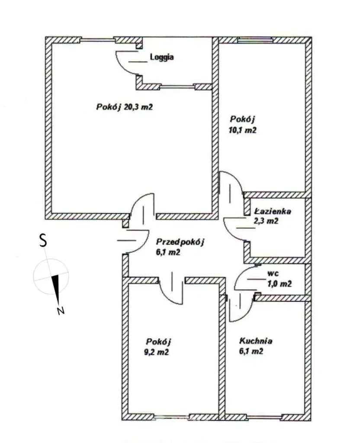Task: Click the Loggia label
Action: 162,58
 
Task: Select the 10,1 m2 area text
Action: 243,130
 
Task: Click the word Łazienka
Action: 273,211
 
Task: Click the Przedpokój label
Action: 180,242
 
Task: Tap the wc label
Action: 273,273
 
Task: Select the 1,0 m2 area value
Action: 279,284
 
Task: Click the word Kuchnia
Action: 256,341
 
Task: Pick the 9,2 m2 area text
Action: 157,352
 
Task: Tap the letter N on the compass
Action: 61,311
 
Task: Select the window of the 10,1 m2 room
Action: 255,40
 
